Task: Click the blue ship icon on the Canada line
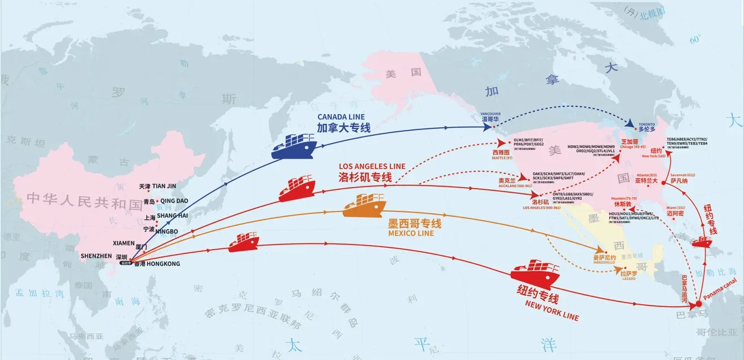[x=296, y=145]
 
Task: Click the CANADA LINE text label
[x=337, y=117]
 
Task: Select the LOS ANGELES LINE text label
[x=372, y=166]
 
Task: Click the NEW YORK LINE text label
[x=552, y=311]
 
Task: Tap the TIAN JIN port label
[x=164, y=186]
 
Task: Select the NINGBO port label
[x=170, y=231]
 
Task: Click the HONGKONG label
[x=161, y=264]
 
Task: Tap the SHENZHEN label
[x=96, y=256]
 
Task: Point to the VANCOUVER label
[x=490, y=113]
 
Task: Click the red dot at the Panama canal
[x=699, y=304]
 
